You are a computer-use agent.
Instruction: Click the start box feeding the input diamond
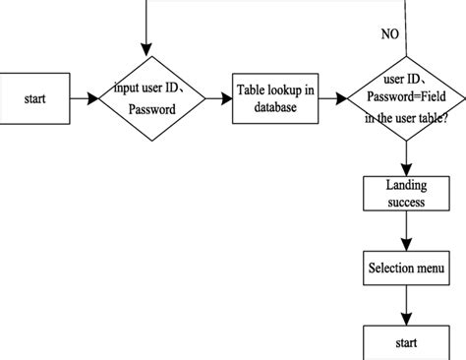pos(35,98)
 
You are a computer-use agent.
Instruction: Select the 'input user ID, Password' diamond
pos(152,99)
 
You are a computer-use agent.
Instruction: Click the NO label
pos(390,34)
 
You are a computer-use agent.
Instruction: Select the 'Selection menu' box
pos(406,269)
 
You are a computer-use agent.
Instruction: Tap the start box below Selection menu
pos(406,343)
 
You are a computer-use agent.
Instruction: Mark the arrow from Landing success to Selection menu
pos(406,232)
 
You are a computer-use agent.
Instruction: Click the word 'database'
pos(275,107)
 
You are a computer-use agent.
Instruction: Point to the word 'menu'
pos(429,269)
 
